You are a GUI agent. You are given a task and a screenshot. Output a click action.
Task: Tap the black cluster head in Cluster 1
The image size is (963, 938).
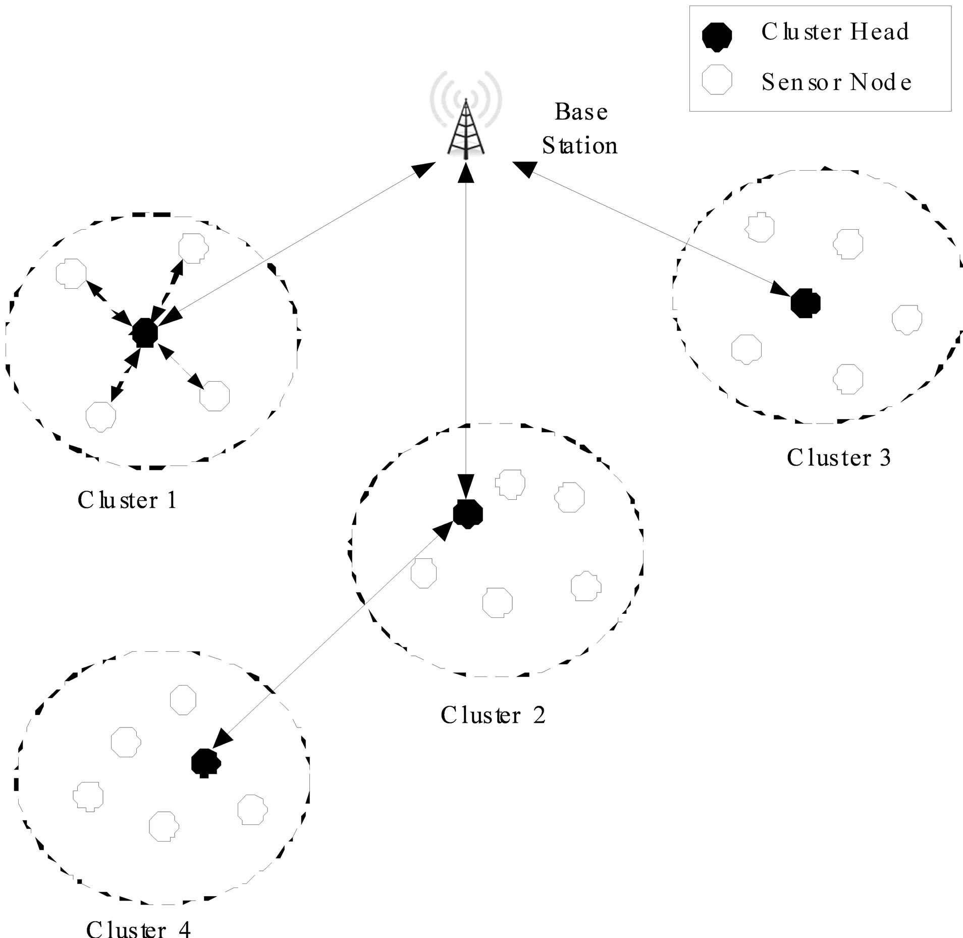(x=145, y=333)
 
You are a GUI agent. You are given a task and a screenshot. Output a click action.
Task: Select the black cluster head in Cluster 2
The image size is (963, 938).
(x=468, y=514)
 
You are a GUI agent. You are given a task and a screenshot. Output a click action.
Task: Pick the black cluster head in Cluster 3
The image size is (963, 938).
(x=806, y=303)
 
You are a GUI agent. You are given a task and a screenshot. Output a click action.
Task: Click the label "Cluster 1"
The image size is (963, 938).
(x=127, y=500)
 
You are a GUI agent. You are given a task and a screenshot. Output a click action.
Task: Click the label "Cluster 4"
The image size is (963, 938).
(x=139, y=928)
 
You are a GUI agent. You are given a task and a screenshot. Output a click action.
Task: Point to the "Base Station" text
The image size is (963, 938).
(x=580, y=129)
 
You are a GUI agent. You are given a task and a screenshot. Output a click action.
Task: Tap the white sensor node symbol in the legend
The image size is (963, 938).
(x=717, y=81)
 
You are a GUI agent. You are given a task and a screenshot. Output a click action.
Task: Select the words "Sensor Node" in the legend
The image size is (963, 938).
(x=836, y=82)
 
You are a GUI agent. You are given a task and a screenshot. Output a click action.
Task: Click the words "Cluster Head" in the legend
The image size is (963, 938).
(x=835, y=32)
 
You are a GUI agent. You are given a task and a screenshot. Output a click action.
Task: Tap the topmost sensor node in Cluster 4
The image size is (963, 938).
(x=183, y=700)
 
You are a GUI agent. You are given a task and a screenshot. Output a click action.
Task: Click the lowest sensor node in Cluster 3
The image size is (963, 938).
(x=848, y=379)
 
